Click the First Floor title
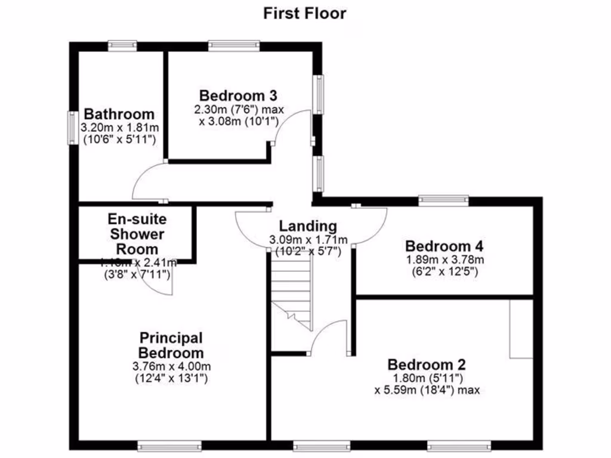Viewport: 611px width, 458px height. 305,14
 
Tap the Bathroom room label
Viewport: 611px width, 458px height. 119,114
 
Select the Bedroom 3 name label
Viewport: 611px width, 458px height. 238,95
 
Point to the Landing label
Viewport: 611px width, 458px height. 308,226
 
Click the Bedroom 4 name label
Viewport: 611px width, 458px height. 444,246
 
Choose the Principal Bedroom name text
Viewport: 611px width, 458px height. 171,345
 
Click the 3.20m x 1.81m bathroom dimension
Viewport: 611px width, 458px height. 119,128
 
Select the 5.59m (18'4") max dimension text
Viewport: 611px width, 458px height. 427,391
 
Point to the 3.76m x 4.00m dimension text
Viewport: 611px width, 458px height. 171,366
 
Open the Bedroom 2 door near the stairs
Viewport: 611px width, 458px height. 330,336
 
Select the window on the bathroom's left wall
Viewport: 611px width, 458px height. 73,128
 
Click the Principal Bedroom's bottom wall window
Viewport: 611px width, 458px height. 169,445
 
